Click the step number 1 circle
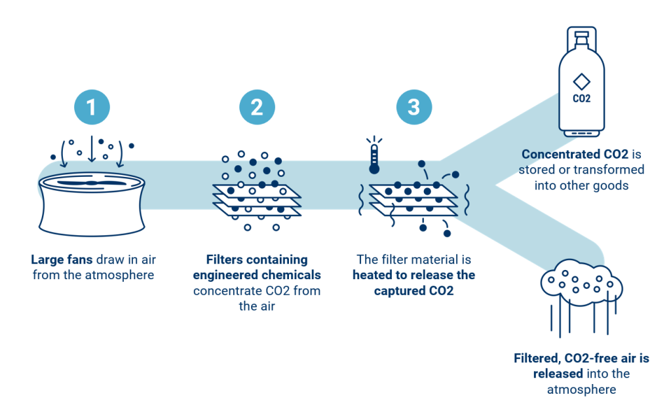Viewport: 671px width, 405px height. [92, 107]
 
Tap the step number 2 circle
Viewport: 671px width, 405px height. [257, 107]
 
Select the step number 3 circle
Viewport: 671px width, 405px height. [414, 107]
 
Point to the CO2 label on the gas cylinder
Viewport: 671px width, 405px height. [581, 99]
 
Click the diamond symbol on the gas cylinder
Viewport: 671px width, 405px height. [581, 82]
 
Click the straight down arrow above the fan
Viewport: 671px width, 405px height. [92, 147]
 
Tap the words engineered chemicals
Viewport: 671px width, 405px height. [257, 275]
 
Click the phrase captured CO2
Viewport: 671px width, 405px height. [414, 290]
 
